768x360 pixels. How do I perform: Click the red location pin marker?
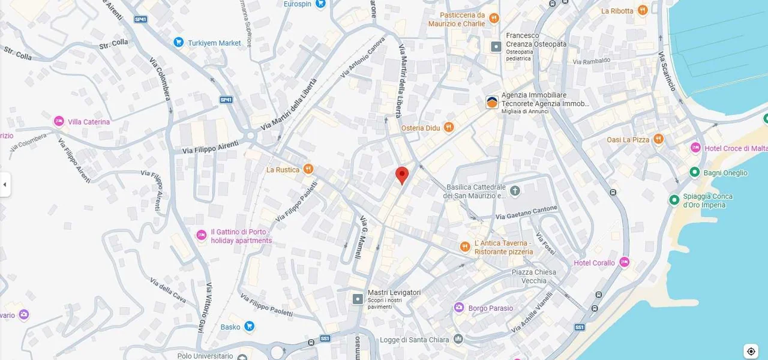(x=402, y=175)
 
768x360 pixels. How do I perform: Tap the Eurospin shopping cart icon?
(x=320, y=4)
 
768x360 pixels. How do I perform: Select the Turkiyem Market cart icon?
(x=178, y=43)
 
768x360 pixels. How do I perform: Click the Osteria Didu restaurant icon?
(x=449, y=128)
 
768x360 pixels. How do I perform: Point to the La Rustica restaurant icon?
(x=308, y=170)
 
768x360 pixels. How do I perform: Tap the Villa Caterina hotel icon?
(x=59, y=122)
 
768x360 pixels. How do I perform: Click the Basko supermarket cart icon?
(x=249, y=326)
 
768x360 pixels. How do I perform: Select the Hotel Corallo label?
(x=594, y=263)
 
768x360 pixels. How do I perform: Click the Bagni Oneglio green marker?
(x=694, y=173)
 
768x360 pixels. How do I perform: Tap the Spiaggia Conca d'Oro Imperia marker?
(x=674, y=200)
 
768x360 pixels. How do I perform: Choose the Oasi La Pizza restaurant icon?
(x=658, y=139)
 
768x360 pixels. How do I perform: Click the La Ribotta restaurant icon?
(x=643, y=10)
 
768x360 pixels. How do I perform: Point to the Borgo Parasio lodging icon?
(x=459, y=308)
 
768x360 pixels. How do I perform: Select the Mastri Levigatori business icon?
(x=358, y=298)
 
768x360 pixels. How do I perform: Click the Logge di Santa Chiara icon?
(x=458, y=340)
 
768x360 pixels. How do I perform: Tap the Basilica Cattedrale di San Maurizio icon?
(x=515, y=191)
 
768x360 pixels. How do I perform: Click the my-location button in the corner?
(x=751, y=351)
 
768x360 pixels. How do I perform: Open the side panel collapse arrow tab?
(x=5, y=184)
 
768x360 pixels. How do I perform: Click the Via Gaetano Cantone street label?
(x=527, y=212)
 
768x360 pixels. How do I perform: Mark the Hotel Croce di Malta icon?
(x=695, y=148)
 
